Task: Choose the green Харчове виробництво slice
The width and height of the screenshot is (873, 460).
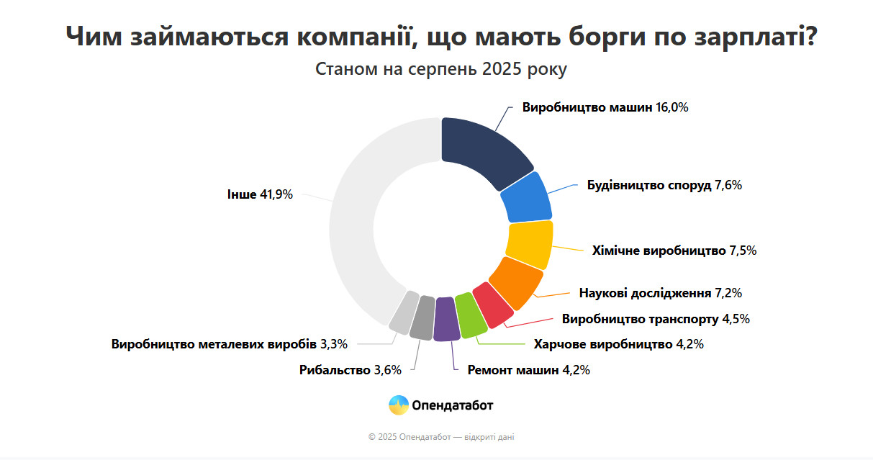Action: pyautogui.click(x=470, y=315)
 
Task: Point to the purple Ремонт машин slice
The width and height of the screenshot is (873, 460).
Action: pyautogui.click(x=445, y=318)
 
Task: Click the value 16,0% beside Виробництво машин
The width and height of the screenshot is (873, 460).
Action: pyautogui.click(x=672, y=107)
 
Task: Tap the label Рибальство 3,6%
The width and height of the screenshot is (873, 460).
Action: pyautogui.click(x=350, y=370)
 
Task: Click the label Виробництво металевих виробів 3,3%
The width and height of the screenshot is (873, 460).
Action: pyautogui.click(x=229, y=344)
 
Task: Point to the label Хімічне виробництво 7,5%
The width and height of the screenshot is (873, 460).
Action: pyautogui.click(x=674, y=251)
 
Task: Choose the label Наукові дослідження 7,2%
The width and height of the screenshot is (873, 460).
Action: pyautogui.click(x=660, y=293)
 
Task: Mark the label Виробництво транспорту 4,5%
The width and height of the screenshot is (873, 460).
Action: pyautogui.click(x=656, y=318)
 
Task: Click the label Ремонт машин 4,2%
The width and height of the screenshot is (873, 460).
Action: pyautogui.click(x=528, y=370)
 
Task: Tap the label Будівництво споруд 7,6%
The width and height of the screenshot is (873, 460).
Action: pyautogui.click(x=664, y=185)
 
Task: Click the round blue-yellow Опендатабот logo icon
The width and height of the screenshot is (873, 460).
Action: pyautogui.click(x=399, y=405)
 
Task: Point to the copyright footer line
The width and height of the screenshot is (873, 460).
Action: pyautogui.click(x=441, y=437)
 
